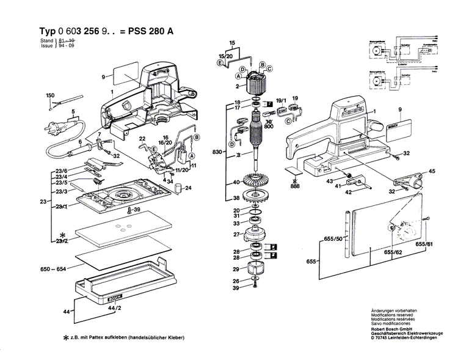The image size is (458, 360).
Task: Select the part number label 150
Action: tap(50, 95)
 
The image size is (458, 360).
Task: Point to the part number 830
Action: tap(217, 151)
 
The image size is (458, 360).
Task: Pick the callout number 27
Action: tap(236, 235)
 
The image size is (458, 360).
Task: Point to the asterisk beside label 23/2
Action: tap(62, 235)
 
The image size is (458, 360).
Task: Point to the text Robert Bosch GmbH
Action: tap(394, 328)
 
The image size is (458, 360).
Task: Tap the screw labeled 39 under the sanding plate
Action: tap(129, 211)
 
